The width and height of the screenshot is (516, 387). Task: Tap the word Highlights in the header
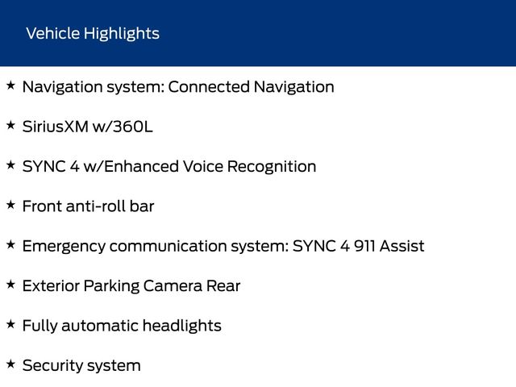(122, 34)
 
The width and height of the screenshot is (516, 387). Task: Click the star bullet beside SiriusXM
(10, 126)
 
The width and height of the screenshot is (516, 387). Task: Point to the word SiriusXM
(56, 127)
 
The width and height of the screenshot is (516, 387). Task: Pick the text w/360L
(123, 127)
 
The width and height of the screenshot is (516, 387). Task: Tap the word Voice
(203, 167)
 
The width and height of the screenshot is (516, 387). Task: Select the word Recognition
(272, 168)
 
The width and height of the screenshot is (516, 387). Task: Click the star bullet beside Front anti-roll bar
(10, 205)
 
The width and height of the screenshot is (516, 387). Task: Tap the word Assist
(402, 246)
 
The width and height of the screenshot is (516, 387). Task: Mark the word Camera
(173, 286)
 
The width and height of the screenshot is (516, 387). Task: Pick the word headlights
(182, 327)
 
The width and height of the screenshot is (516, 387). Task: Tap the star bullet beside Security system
(10, 364)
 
